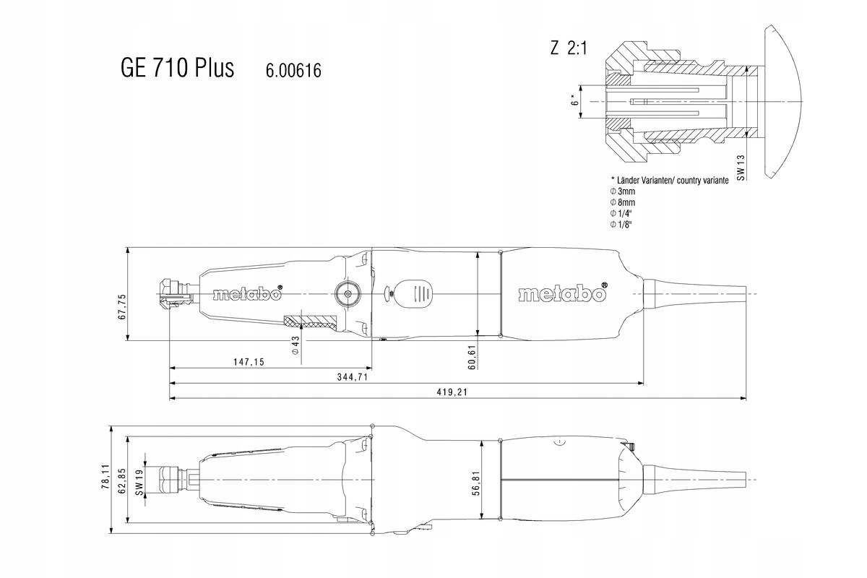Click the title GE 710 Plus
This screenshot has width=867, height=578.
pyautogui.click(x=177, y=68)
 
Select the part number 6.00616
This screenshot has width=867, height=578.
pyautogui.click(x=293, y=71)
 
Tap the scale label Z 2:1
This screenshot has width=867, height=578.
pyautogui.click(x=569, y=48)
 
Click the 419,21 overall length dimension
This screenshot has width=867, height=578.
pyautogui.click(x=452, y=392)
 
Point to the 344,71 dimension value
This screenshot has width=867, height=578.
pyautogui.click(x=353, y=376)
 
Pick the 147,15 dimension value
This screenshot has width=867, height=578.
pyautogui.click(x=249, y=361)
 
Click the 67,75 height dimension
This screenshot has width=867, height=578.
pyautogui.click(x=122, y=306)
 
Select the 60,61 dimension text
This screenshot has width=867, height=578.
pyautogui.click(x=472, y=358)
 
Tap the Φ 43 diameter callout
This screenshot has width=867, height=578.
pyautogui.click(x=296, y=345)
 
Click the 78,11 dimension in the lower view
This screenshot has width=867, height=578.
pyautogui.click(x=105, y=477)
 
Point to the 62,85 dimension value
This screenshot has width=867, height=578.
pyautogui.click(x=122, y=481)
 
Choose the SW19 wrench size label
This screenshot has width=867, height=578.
pyautogui.click(x=139, y=480)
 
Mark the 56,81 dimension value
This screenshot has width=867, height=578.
pyautogui.click(x=476, y=483)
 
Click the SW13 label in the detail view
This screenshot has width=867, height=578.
pyautogui.click(x=741, y=168)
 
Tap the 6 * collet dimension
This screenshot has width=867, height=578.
pyautogui.click(x=575, y=100)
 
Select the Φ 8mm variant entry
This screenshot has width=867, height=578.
pyautogui.click(x=622, y=202)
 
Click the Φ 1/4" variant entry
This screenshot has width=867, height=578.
pyautogui.click(x=621, y=213)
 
